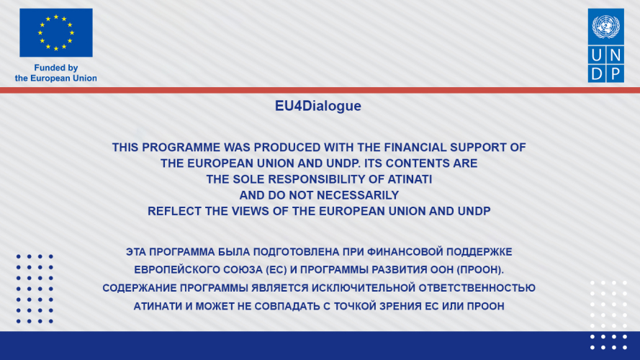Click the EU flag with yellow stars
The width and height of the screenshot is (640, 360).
coord(56,32)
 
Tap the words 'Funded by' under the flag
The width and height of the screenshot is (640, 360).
coord(56,68)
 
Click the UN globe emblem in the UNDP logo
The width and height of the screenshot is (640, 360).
coord(605,27)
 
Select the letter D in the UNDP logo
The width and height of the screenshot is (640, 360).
coord(597,74)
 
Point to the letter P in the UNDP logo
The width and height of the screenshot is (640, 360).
coord(615,74)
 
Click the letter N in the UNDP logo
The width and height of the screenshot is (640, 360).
coord(615,55)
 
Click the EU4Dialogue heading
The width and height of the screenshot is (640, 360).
coord(318,106)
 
